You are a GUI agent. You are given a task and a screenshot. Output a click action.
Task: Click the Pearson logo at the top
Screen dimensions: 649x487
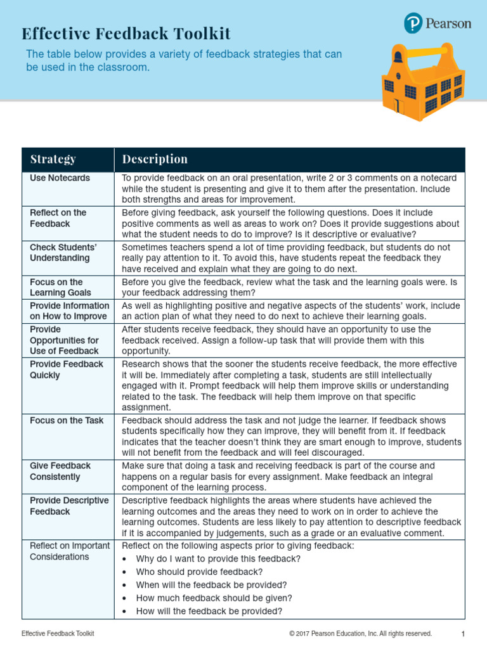click(x=438, y=23)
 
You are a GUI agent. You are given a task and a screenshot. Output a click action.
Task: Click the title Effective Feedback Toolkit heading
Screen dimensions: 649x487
click(x=126, y=34)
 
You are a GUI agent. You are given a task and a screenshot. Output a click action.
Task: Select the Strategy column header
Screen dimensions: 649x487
click(x=53, y=159)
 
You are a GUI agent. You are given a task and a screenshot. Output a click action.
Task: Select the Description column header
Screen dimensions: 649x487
click(x=155, y=159)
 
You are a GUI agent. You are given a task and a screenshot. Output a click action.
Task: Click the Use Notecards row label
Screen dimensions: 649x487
click(x=60, y=178)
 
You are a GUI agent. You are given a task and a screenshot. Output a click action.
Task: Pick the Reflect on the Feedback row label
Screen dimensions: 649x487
click(x=58, y=218)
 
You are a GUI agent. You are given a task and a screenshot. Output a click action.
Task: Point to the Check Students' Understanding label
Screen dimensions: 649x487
click(x=63, y=252)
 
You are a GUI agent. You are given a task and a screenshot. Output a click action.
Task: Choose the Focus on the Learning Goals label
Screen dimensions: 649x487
click(x=61, y=287)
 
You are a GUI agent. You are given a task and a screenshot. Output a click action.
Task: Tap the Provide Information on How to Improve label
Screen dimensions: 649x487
click(x=69, y=311)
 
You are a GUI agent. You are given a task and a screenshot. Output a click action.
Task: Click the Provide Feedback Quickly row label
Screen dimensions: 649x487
click(x=67, y=369)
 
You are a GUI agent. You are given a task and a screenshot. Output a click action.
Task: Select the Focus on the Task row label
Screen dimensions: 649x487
click(x=67, y=420)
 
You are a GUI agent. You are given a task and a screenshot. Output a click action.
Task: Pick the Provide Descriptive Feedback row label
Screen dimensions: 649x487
click(x=69, y=506)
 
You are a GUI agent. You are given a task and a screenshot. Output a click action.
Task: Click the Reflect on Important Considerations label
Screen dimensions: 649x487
click(x=69, y=551)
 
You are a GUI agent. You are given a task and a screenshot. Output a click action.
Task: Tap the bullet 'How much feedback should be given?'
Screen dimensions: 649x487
click(x=214, y=598)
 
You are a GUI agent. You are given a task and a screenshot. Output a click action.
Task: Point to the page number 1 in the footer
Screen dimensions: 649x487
click(x=464, y=634)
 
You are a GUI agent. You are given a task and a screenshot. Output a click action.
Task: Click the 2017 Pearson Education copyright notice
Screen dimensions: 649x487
click(x=360, y=634)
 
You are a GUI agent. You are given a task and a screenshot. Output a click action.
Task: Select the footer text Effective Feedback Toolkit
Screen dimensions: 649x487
click(x=58, y=634)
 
